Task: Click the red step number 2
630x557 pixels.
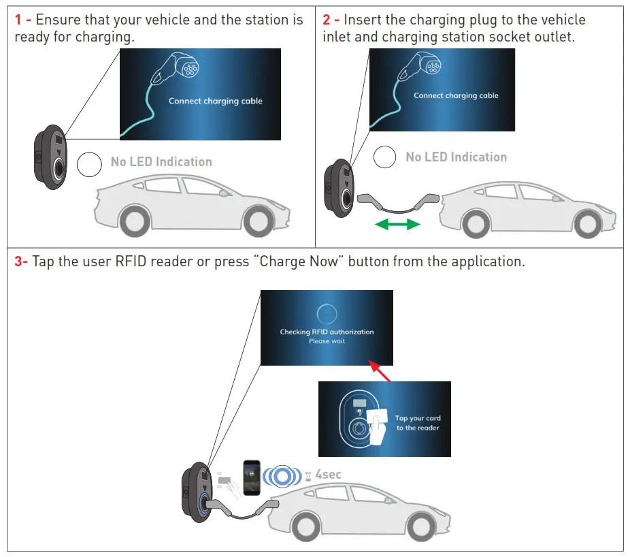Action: pos(327,20)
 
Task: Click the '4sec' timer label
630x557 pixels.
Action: pos(328,474)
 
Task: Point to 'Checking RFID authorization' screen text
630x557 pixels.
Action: pos(327,332)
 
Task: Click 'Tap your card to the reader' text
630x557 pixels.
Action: pos(418,423)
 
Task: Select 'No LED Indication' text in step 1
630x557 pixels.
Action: pos(161,162)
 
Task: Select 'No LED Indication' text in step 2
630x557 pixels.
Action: pos(456,157)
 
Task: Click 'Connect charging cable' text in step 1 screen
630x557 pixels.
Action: pos(215,101)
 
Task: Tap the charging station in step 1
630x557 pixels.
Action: pos(49,156)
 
